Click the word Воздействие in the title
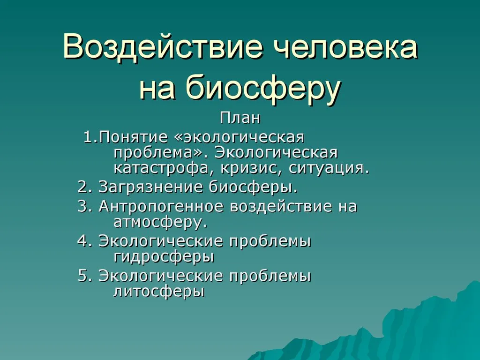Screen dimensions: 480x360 [163, 46]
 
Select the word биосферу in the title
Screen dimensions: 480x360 [263, 88]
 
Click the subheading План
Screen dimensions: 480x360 [240, 118]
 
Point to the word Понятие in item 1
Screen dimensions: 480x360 [134, 137]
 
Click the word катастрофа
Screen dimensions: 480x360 [161, 168]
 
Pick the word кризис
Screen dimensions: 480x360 [251, 169]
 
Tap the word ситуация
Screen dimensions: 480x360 [329, 169]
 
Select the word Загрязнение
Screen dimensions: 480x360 [150, 187]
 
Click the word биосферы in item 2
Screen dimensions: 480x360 [253, 187]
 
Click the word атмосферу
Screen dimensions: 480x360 [160, 222]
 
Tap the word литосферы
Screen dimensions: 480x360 [159, 292]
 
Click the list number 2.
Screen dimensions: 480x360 [85, 187]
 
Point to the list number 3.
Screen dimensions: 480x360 [85, 206]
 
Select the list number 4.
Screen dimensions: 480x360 [85, 241]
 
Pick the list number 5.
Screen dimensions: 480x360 [85, 276]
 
